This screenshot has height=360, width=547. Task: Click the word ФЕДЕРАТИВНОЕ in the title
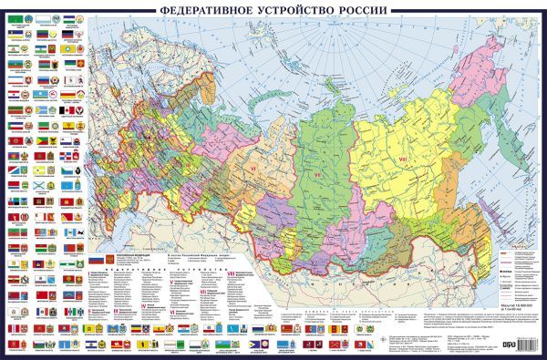point(207,10)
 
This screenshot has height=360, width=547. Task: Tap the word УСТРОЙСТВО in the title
point(296,10)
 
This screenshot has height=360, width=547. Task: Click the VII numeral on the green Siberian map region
point(318,174)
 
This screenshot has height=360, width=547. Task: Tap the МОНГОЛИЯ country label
point(365,273)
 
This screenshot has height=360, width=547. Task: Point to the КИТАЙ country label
point(401,301)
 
